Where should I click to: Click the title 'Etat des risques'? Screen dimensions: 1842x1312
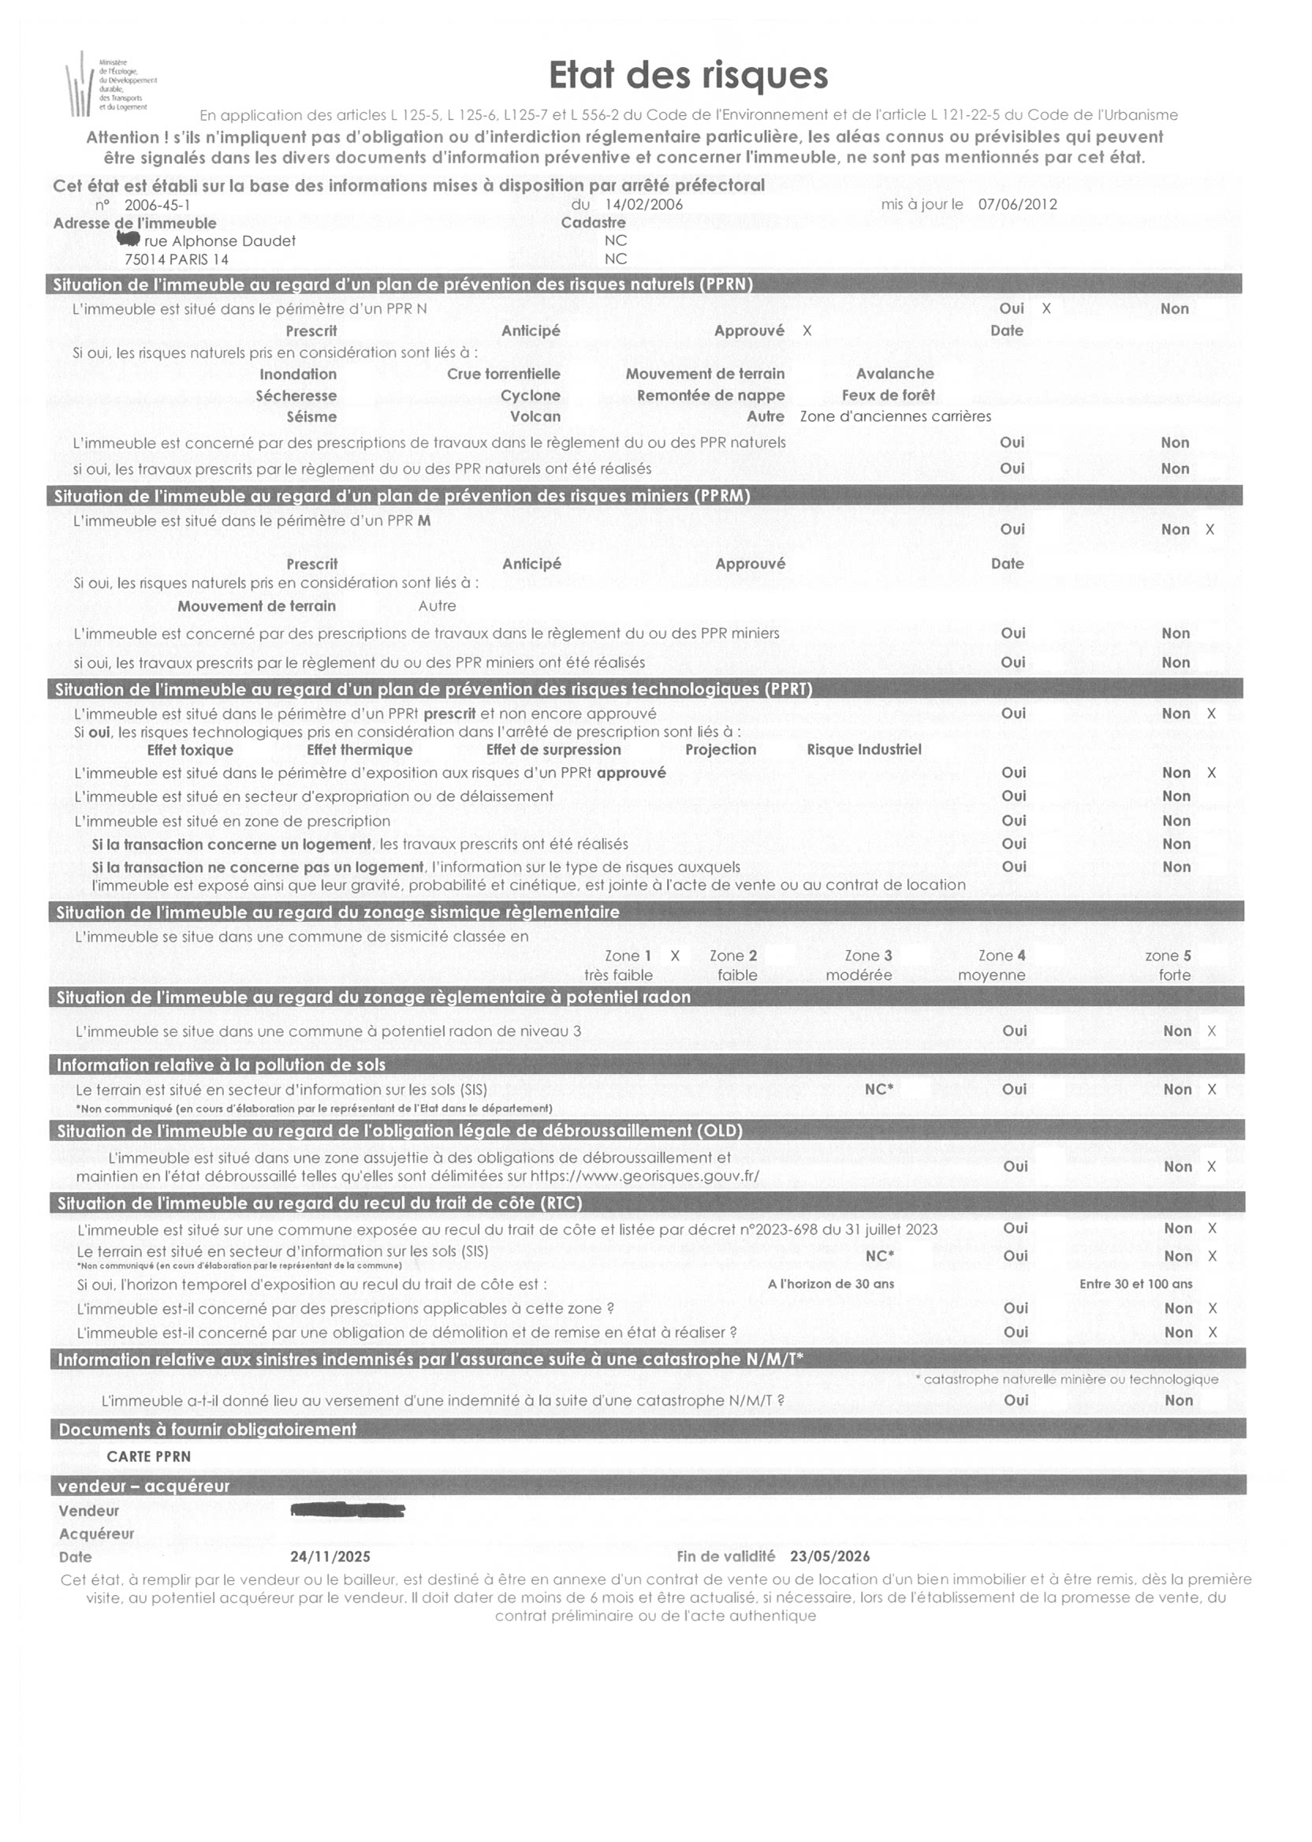[688, 75]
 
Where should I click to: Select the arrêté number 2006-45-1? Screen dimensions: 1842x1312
[158, 205]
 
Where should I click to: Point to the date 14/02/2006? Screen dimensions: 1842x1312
[644, 205]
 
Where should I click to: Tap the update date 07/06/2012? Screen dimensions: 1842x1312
[1017, 204]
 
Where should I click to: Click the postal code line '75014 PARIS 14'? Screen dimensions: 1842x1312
[176, 259]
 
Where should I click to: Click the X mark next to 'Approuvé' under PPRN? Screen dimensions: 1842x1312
[807, 331]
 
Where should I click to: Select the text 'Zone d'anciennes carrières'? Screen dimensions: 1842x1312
[895, 417]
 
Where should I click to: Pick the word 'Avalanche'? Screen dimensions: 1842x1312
[895, 374]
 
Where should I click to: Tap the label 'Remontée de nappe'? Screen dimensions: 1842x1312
[711, 396]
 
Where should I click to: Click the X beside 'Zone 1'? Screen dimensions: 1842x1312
[676, 956]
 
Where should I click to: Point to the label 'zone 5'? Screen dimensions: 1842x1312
[1168, 956]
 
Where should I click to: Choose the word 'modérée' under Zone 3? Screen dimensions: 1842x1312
[859, 975]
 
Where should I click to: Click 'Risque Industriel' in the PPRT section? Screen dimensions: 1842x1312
[863, 750]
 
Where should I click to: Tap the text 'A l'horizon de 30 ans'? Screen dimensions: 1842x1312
[831, 1284]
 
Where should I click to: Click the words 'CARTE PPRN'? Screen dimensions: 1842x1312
[149, 1456]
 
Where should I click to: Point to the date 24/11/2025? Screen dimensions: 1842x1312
[330, 1557]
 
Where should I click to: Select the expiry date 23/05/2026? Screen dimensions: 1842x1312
[829, 1557]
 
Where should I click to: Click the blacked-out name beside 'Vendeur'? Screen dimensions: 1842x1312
[348, 1510]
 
